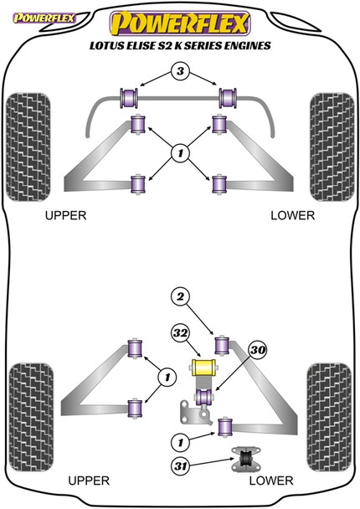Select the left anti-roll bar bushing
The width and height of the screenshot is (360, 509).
(x=131, y=97)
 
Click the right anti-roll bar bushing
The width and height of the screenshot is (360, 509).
(x=225, y=97)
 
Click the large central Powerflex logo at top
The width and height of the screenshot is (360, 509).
(x=179, y=22)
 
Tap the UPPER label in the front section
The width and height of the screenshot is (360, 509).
(x=65, y=215)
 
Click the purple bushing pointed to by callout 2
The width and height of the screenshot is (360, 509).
(x=223, y=343)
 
